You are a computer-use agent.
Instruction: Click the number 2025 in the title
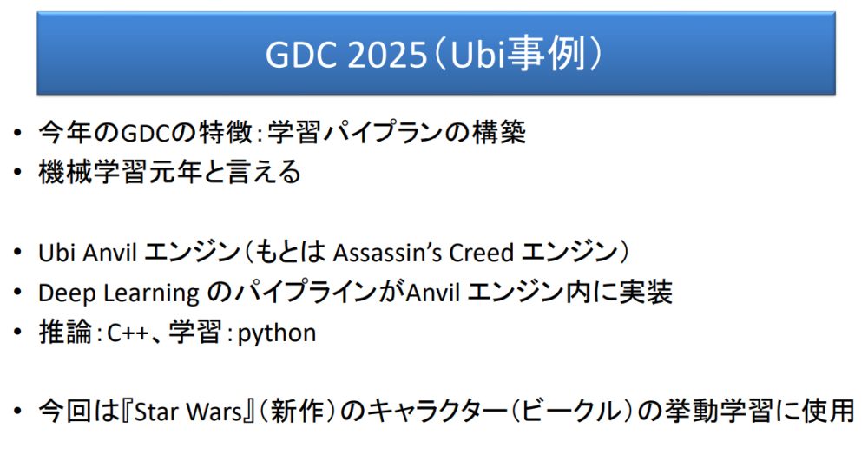pos(387,55)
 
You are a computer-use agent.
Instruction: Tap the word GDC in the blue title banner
pos(301,55)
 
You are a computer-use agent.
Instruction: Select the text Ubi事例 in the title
pos(517,54)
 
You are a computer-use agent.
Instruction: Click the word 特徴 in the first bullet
pos(226,132)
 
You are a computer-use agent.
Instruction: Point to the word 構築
pos(499,132)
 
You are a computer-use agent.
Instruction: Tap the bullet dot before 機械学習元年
pos(17,172)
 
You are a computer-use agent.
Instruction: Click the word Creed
pos(481,253)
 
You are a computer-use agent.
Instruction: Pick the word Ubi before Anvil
pos(56,253)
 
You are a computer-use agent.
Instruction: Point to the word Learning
pos(150,293)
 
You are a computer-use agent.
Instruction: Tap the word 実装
pos(646,292)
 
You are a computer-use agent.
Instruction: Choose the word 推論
pos(65,332)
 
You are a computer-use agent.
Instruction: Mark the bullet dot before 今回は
pos(17,412)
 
